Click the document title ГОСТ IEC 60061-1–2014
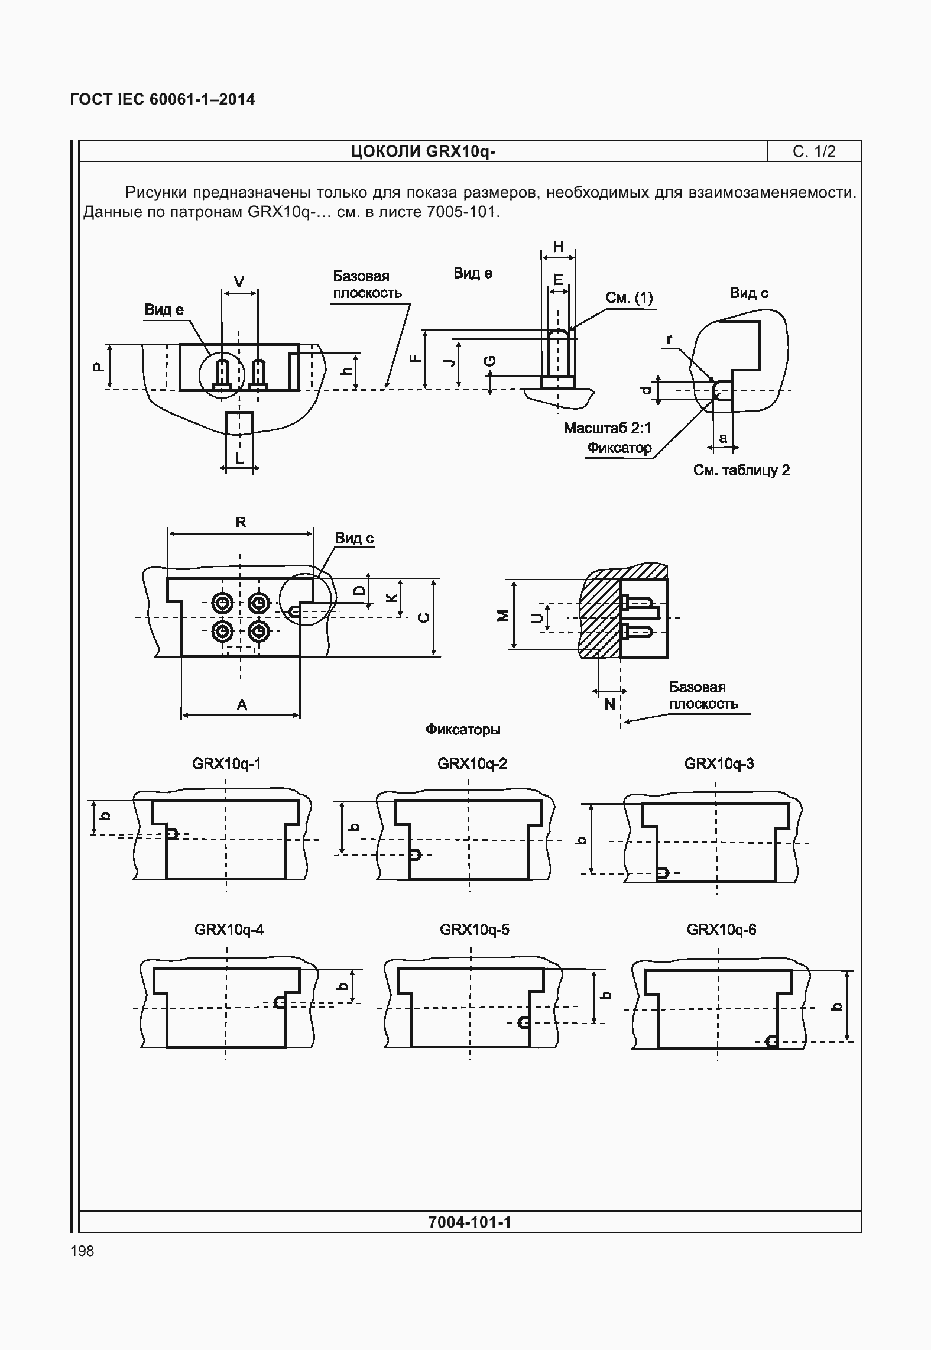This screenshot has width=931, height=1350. pos(163,99)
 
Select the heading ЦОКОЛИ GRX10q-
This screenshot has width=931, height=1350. pos(423,151)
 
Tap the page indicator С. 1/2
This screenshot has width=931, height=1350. pos(814,151)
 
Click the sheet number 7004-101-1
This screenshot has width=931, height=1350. pos(469,1222)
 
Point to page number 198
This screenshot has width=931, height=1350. pos(82,1251)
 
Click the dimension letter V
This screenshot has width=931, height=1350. pos(239,283)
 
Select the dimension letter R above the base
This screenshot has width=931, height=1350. pos(241,522)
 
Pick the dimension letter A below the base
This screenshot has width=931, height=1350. pos(241,704)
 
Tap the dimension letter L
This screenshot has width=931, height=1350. pos(239,458)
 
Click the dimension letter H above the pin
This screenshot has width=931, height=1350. pos(558,247)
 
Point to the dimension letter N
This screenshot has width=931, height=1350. pos(609,704)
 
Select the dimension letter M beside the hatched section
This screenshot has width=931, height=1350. pos(502,616)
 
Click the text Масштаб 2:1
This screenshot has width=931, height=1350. pos(606,428)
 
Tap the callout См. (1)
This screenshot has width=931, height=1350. pos(629,297)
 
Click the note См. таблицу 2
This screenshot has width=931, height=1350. pos(741,470)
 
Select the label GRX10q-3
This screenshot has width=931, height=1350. pos(719,763)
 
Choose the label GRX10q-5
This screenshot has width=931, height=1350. pos(474,930)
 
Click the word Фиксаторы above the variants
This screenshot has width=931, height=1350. pos(463,729)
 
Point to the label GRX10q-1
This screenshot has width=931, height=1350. pos(226,763)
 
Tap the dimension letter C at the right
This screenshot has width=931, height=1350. pos(423,618)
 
